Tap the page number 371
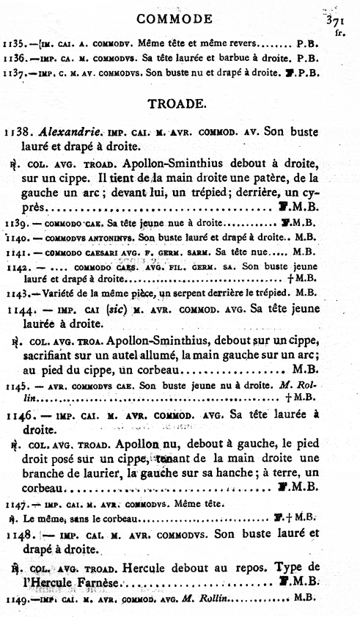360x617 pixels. point(339,18)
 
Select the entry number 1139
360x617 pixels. point(14,222)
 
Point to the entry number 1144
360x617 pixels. point(17,310)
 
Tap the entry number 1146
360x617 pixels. point(17,415)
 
